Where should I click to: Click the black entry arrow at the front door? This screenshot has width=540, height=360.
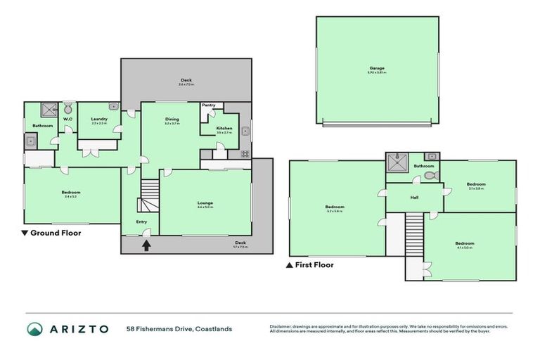click(146, 245)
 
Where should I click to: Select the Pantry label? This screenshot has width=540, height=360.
click(208, 105)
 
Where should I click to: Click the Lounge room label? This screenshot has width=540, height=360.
click(205, 203)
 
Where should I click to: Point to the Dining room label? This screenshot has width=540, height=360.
click(172, 120)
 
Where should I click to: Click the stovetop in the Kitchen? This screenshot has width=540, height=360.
click(245, 153)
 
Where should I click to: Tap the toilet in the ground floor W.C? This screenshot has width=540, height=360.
click(67, 109)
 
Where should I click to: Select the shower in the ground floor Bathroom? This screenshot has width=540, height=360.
click(49, 110)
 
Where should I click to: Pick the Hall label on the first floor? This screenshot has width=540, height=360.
click(415, 198)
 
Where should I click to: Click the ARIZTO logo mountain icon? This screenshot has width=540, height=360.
click(35, 329)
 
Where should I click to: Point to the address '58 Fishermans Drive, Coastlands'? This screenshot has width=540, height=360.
click(179, 328)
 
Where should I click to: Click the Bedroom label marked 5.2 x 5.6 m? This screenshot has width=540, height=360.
click(334, 207)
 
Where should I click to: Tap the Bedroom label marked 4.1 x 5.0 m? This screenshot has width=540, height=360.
click(464, 244)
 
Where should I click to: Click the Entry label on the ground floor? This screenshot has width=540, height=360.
click(141, 222)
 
